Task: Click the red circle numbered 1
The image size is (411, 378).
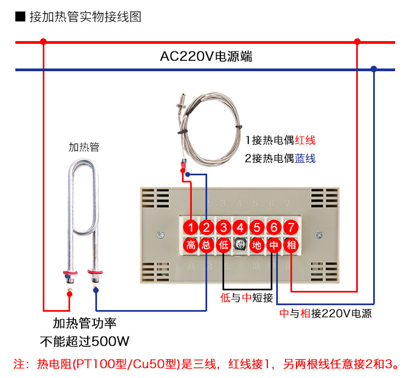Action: (191, 227)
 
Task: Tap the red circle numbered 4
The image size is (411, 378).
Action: (240, 227)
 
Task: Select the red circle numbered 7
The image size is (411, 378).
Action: (290, 227)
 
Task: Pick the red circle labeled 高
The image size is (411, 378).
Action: (191, 245)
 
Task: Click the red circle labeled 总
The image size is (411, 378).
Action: (207, 245)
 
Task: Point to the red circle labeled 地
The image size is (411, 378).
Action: (256, 245)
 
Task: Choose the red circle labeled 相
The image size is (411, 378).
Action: (290, 245)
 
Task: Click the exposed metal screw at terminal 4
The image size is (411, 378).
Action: (240, 244)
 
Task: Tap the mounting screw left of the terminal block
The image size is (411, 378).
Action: (161, 234)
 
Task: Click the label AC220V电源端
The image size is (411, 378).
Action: (206, 56)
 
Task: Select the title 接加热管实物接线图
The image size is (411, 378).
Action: (85, 17)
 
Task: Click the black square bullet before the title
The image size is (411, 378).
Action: (20, 16)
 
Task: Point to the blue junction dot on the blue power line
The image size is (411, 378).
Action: (374, 69)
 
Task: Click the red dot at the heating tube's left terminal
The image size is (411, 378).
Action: (70, 294)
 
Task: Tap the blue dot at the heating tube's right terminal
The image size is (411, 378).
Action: (96, 290)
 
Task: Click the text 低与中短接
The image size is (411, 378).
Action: (247, 298)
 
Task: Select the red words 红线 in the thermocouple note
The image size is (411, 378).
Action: (305, 140)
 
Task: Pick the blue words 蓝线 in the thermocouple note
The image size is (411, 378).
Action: (305, 158)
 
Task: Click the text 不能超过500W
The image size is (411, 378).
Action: (84, 341)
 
